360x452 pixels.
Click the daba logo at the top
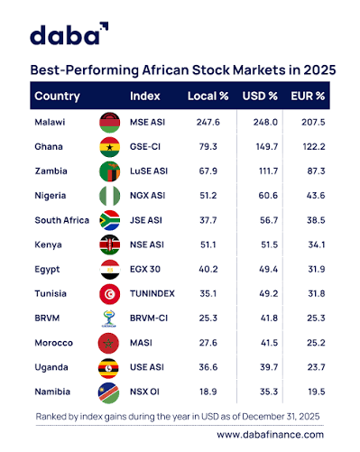point(69,33)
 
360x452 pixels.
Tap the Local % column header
point(208,96)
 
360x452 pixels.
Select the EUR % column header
point(308,96)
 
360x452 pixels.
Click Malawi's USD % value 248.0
point(265,122)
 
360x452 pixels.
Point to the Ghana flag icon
point(110,147)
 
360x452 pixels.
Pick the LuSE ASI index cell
point(149,171)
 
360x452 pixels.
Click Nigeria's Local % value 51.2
point(208,196)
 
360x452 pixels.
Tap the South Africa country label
point(61,220)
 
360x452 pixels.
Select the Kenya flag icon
point(110,244)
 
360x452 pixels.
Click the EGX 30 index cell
point(145,269)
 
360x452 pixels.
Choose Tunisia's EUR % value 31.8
point(317,293)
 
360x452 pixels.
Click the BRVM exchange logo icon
point(109,318)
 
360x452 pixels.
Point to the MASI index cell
point(141,343)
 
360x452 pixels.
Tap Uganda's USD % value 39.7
point(269,367)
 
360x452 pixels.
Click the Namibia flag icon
point(108,392)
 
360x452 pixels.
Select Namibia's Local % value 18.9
point(208,392)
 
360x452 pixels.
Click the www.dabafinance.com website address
point(270,435)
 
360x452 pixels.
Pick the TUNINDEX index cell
point(152,293)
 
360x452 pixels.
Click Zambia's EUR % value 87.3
point(316,171)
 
